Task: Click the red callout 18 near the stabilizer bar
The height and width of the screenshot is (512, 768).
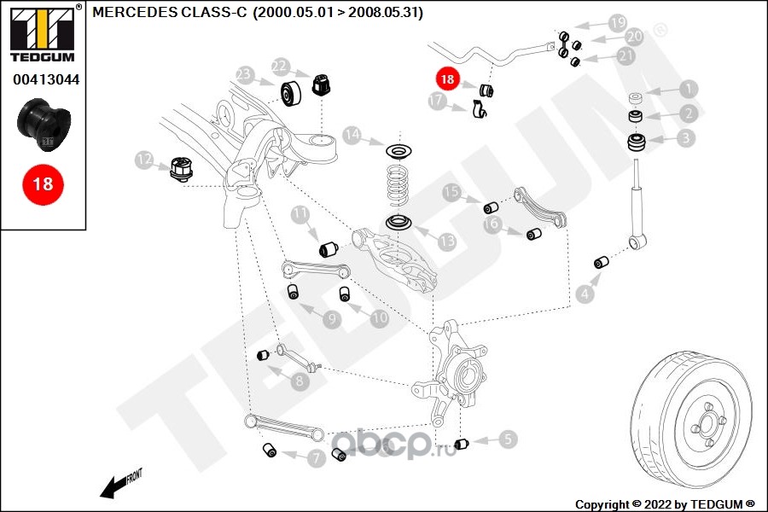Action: (447, 78)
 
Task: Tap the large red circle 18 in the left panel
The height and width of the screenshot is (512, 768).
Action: (43, 184)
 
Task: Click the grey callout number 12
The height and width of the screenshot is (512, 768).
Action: (144, 159)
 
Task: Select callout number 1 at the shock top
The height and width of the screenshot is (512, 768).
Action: (688, 88)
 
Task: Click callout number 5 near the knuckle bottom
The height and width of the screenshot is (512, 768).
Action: (508, 439)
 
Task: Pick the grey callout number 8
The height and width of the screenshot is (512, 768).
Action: (299, 381)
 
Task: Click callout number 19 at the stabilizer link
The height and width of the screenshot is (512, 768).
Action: (617, 22)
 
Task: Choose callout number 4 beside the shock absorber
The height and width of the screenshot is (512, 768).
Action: (585, 295)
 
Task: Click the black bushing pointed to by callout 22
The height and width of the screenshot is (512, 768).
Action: (322, 84)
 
